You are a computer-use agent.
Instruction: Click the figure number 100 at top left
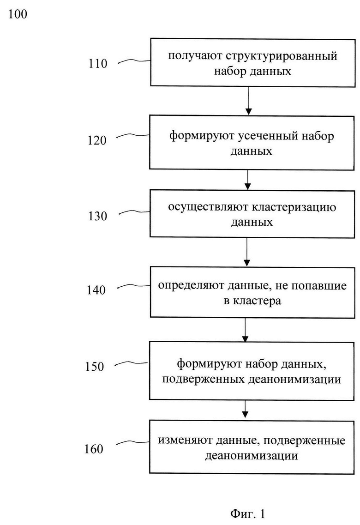[x=18, y=14]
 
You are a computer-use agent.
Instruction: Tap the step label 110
[x=98, y=64]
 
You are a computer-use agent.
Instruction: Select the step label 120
[x=97, y=140]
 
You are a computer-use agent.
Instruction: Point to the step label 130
[x=98, y=216]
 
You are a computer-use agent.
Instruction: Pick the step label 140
[x=96, y=290]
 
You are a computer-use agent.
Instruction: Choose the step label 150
[x=94, y=366]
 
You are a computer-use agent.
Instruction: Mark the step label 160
[x=94, y=449]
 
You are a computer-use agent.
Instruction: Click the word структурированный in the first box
[x=282, y=56]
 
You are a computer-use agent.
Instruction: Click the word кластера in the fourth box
[x=257, y=301]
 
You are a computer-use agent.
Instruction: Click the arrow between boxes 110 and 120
[x=248, y=101]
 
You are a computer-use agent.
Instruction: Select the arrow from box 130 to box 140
[x=247, y=252]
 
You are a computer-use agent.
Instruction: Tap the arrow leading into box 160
[x=245, y=409]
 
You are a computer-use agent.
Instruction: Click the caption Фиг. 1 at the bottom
[x=247, y=513]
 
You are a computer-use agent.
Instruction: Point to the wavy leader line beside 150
[x=131, y=363]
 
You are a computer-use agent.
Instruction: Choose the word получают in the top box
[x=195, y=56]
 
